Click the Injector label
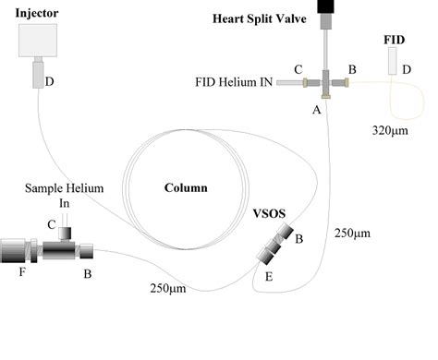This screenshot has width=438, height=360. point(37,13)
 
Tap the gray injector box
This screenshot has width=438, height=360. point(38,42)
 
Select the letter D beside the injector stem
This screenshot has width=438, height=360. point(49,82)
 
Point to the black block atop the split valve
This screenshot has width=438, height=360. point(326,6)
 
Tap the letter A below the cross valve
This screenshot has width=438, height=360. point(316,108)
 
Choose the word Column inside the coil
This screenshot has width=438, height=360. point(186,187)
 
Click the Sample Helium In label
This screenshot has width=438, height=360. point(65,195)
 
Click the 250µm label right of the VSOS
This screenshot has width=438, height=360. point(352,233)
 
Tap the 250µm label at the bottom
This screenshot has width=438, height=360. point(169,289)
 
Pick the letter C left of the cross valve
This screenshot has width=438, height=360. point(298,68)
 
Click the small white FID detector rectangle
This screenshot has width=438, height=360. point(393,62)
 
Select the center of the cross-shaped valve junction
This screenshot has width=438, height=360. point(326,83)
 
